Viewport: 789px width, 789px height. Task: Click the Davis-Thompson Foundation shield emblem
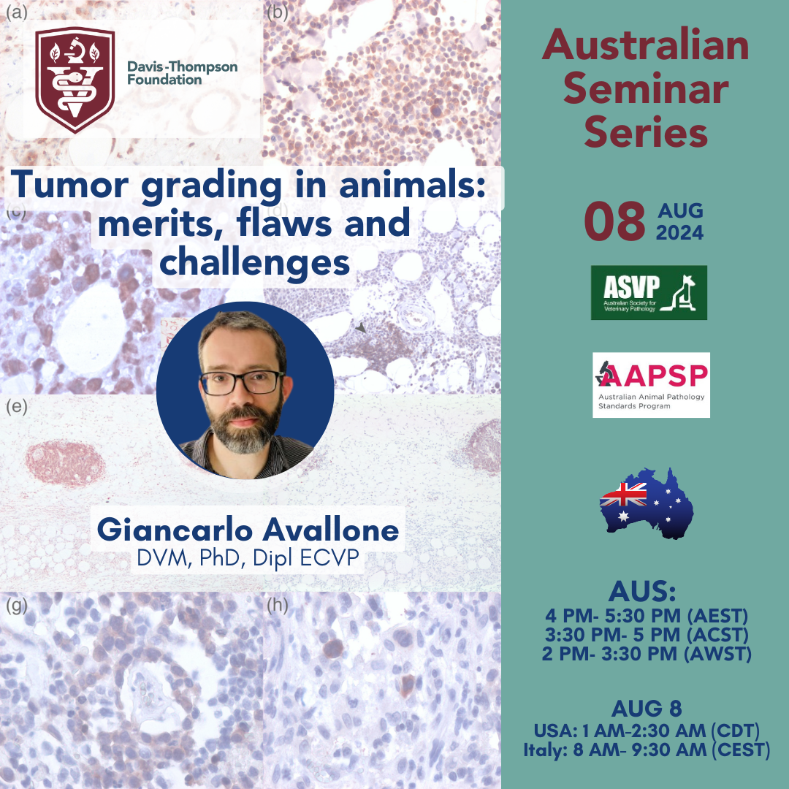75,80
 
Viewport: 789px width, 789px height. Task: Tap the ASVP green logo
649,292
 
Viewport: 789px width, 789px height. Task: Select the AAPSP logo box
651,385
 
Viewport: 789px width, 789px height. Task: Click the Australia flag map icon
647,503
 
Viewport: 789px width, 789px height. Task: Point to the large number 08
614,221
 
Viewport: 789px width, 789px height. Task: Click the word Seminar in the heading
646,89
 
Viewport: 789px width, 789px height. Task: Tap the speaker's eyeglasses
243,382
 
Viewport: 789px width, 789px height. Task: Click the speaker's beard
245,425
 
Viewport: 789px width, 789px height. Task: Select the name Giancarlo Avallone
248,530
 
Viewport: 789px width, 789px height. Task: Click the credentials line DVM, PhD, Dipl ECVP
248,558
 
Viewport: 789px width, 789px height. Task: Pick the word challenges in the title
255,263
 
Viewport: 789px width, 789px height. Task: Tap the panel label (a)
16,12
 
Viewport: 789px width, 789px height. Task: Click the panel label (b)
278,12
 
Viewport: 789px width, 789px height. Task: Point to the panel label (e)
17,406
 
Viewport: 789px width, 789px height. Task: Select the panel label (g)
17,606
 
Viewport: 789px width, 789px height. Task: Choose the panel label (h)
278,606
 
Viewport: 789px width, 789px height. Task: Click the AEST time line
647,616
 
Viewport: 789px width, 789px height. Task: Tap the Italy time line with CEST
647,750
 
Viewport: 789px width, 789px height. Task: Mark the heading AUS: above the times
642,592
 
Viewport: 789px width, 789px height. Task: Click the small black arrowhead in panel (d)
361,327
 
